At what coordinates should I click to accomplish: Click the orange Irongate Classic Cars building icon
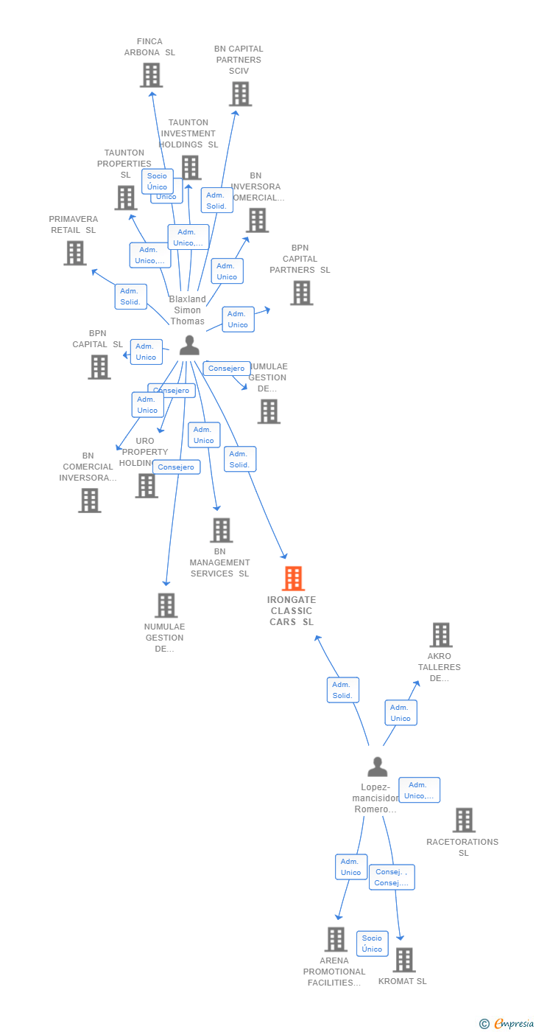pyautogui.click(x=293, y=579)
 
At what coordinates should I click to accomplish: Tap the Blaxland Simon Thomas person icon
pyautogui.click(x=189, y=345)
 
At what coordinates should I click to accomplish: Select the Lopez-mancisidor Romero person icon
pyautogui.click(x=377, y=767)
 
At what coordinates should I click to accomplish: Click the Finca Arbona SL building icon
pyautogui.click(x=151, y=75)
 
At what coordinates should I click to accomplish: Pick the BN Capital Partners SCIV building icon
pyautogui.click(x=240, y=94)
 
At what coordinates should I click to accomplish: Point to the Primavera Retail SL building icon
pyautogui.click(x=74, y=253)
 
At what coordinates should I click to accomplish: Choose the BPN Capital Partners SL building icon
pyautogui.click(x=300, y=293)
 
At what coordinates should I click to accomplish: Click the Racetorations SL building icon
pyautogui.click(x=463, y=820)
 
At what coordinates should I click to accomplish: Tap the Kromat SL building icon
pyautogui.click(x=403, y=960)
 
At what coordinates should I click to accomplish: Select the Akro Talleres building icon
pyautogui.click(x=440, y=635)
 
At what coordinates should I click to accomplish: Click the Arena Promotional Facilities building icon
pyautogui.click(x=336, y=939)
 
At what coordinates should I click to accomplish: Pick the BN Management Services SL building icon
pyautogui.click(x=221, y=530)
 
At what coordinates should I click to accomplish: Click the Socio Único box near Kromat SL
pyautogui.click(x=372, y=944)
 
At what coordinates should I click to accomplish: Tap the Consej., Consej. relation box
pyautogui.click(x=392, y=877)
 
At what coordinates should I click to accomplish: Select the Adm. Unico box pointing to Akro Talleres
pyautogui.click(x=401, y=713)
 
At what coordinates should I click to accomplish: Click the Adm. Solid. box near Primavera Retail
pyautogui.click(x=130, y=296)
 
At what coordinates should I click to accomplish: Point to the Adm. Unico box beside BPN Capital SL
pyautogui.click(x=146, y=352)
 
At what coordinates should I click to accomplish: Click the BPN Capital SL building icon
pyautogui.click(x=99, y=367)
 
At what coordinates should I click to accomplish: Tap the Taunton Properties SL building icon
pyautogui.click(x=125, y=198)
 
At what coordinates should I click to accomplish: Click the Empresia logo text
pyautogui.click(x=512, y=1023)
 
